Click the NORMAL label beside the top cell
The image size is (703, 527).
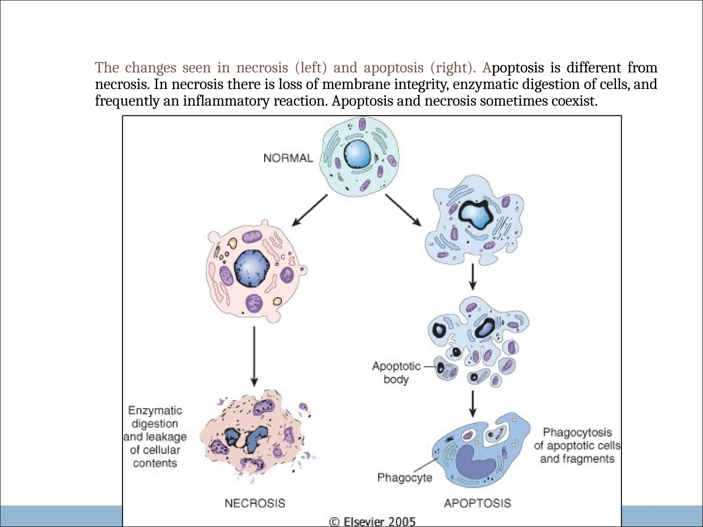pyautogui.click(x=288, y=158)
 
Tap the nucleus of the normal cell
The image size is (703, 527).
pyautogui.click(x=357, y=154)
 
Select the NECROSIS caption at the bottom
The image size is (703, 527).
pyautogui.click(x=255, y=503)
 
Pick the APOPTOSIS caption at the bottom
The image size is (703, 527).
pyautogui.click(x=477, y=503)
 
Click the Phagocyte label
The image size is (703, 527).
pyautogui.click(x=404, y=477)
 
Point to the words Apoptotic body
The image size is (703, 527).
pyautogui.click(x=396, y=373)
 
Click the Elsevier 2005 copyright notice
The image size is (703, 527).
pyautogui.click(x=372, y=522)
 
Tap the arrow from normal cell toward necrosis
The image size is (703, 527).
pyautogui.click(x=309, y=210)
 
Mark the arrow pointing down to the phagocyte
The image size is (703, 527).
pyautogui.click(x=473, y=403)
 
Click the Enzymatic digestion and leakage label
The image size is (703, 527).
pyautogui.click(x=155, y=436)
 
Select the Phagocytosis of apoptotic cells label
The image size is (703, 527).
pyautogui.click(x=577, y=445)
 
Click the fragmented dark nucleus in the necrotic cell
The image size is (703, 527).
pyautogui.click(x=246, y=437)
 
